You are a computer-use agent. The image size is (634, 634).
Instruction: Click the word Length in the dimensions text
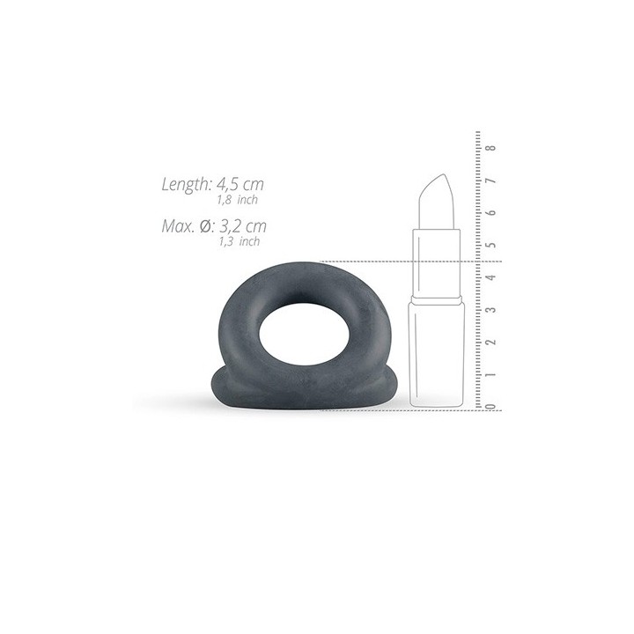(x=186, y=184)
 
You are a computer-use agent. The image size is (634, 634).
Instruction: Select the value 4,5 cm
(x=240, y=184)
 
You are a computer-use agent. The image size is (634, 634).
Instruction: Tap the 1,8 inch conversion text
(x=238, y=200)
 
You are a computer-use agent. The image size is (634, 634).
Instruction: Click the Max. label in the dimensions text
(x=178, y=226)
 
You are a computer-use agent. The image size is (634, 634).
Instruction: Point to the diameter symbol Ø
(x=205, y=226)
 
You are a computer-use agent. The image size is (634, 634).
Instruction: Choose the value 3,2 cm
(x=243, y=226)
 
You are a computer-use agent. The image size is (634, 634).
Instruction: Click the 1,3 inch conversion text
(x=240, y=242)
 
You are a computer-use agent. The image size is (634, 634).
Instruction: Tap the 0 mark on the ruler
(x=491, y=406)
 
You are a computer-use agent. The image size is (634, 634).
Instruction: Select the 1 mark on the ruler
(x=491, y=375)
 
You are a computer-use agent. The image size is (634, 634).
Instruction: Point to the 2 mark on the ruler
(x=491, y=342)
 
